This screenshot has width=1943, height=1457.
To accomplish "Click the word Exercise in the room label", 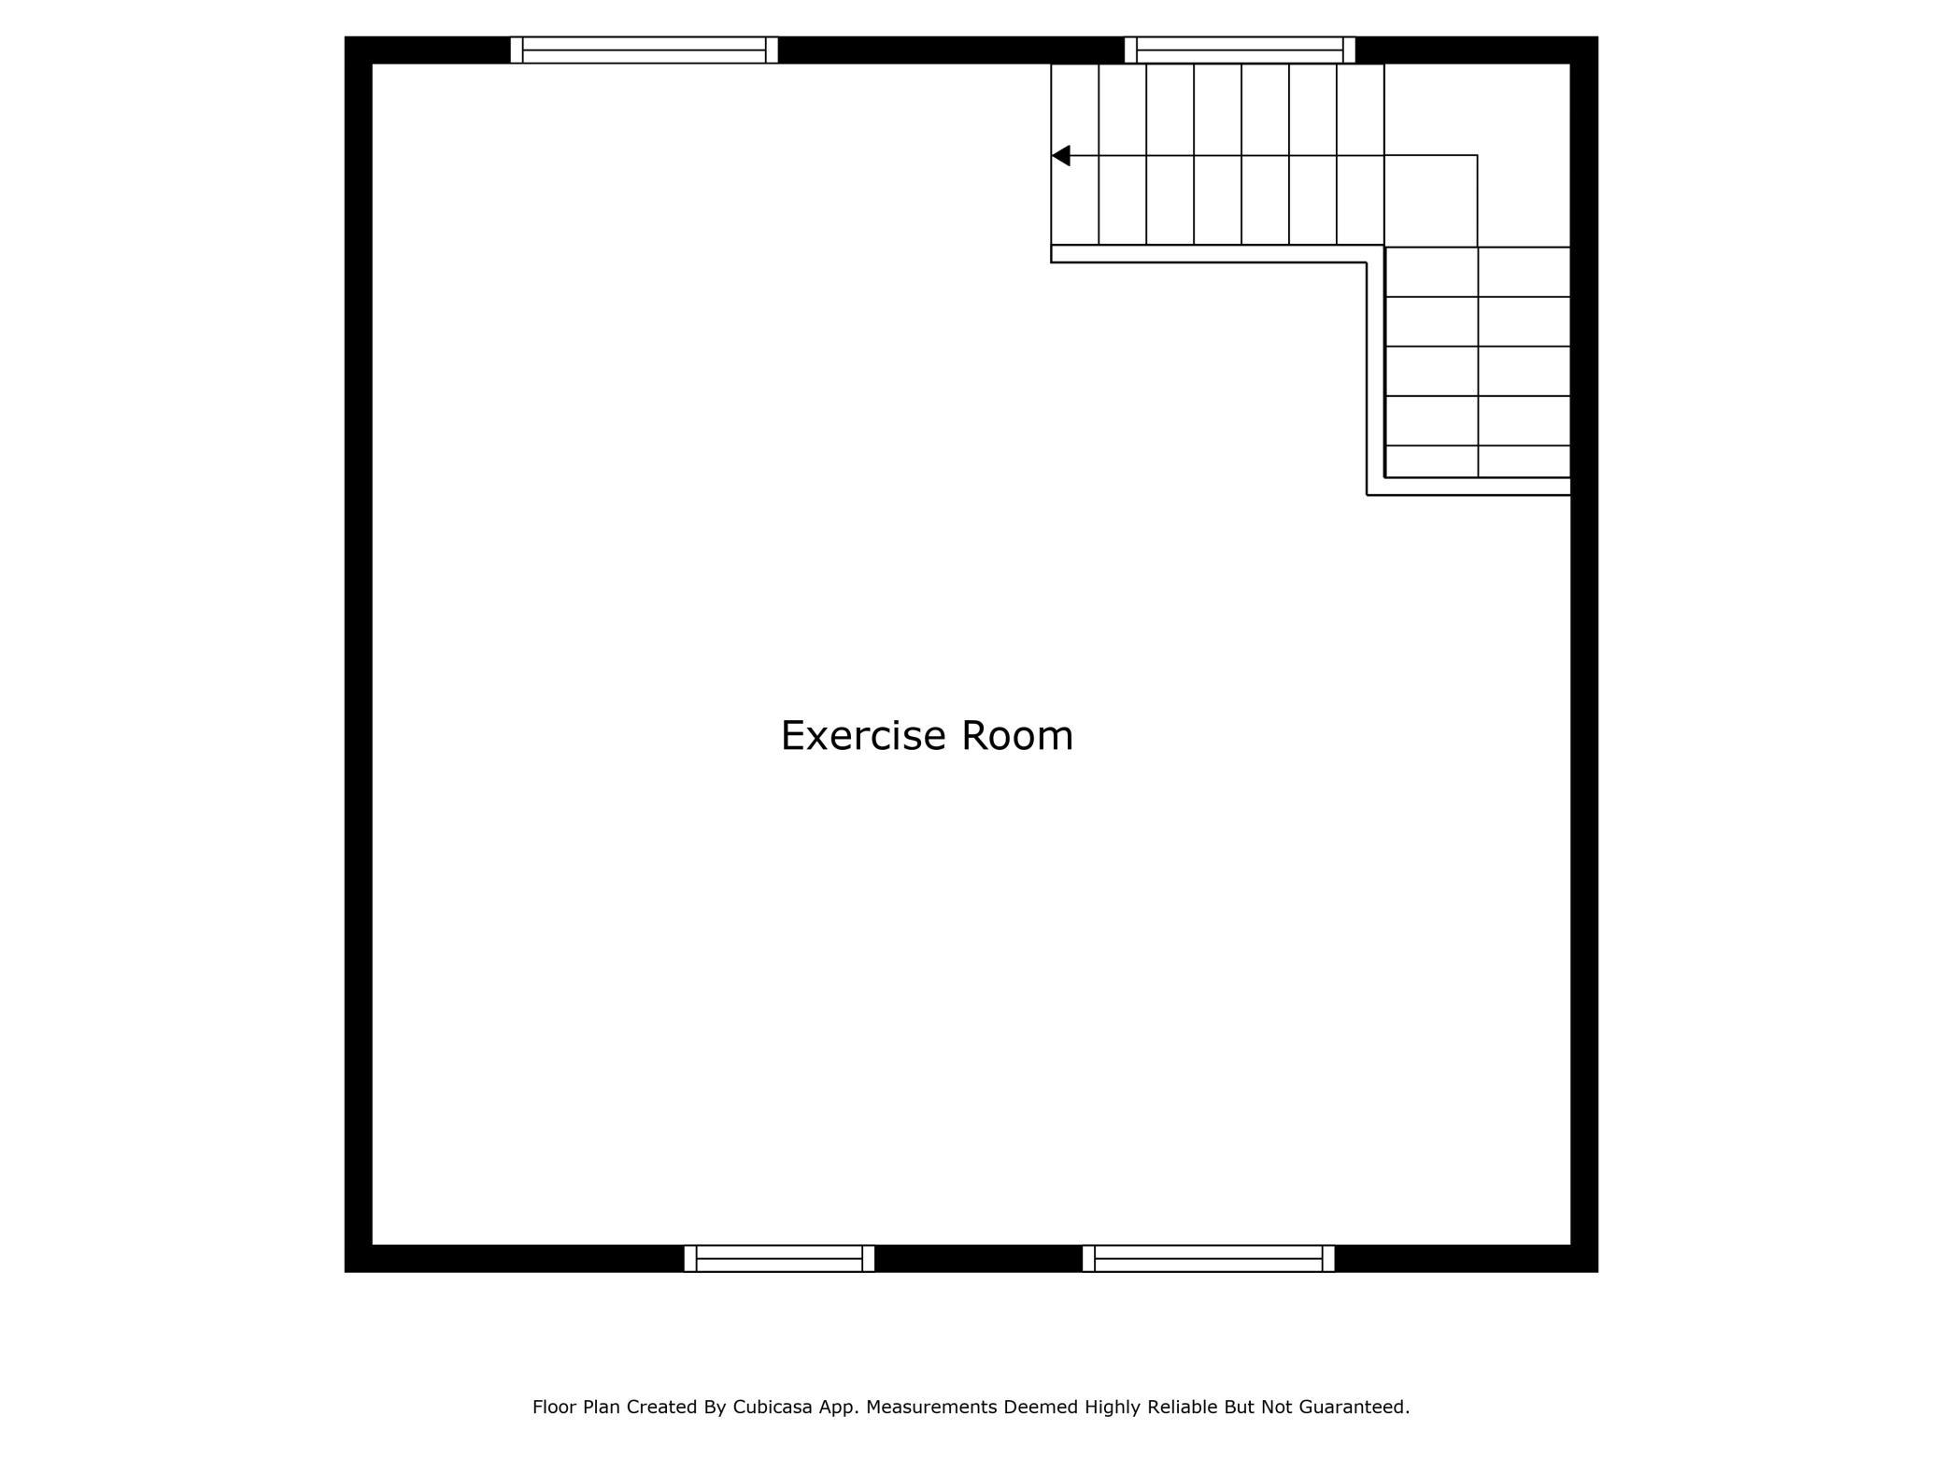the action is click(863, 736).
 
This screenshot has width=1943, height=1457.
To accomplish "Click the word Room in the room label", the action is click(1017, 736).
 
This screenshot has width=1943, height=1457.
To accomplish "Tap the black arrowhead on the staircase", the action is click(1060, 155).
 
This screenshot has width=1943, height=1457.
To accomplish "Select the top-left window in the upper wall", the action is click(644, 50).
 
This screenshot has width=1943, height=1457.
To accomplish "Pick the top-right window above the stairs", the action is click(1240, 50).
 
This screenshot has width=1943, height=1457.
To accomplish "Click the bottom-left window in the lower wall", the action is click(779, 1258).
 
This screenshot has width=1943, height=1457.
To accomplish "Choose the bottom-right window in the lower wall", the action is click(1209, 1258).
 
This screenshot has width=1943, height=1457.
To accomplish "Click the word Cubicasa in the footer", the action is click(770, 1407).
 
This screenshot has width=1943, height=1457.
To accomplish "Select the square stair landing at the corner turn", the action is click(1430, 201).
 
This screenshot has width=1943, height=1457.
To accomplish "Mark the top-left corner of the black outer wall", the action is click(345, 36).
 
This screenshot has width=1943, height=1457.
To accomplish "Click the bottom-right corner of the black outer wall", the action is click(1598, 1272).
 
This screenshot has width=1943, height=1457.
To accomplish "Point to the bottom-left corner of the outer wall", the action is click(345, 1272).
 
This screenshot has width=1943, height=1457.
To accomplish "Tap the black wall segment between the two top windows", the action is click(951, 50).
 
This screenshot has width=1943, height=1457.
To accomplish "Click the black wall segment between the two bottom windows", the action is click(978, 1258).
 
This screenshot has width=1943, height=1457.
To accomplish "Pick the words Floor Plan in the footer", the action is click(576, 1407).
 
